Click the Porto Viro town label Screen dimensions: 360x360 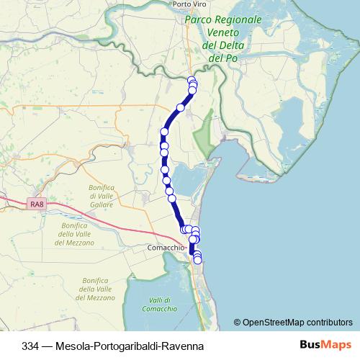tap(190, 4)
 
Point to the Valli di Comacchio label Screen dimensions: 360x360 tap(160, 305)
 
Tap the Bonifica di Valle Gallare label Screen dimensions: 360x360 tap(102, 196)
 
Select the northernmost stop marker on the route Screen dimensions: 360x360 tap(191, 80)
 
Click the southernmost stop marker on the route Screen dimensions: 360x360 tap(198, 261)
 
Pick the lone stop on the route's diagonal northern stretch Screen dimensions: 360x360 tap(181, 107)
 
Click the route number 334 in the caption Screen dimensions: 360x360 tap(31, 345)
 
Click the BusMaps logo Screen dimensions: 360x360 tap(325, 345)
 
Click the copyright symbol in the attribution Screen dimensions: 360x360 tap(237, 322)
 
